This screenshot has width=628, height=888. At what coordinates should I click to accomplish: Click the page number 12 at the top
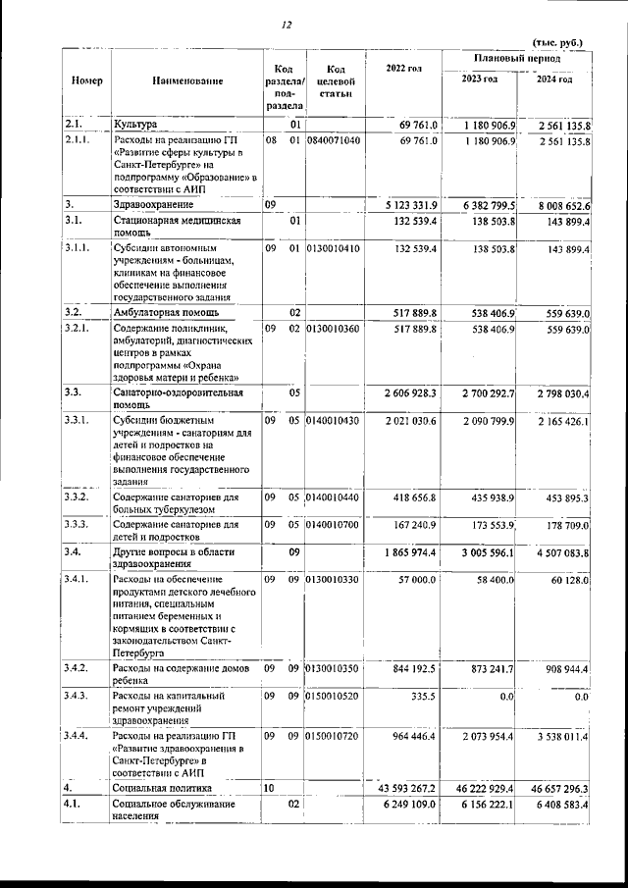285,25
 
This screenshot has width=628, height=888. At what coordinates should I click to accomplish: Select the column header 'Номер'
81,79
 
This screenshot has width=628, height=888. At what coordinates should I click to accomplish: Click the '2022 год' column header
404,68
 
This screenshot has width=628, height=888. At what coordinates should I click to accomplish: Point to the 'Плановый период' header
516,59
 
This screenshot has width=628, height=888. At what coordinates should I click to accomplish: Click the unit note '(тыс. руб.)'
557,42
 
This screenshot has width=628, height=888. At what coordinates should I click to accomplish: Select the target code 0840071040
334,141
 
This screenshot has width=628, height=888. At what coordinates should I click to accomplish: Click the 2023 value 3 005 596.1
480,553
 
